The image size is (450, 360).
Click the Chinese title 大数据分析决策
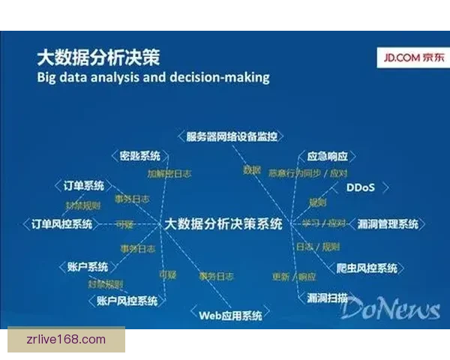(x=98, y=58)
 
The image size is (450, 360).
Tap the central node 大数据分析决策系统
(x=223, y=223)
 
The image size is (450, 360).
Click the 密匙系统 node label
(x=139, y=156)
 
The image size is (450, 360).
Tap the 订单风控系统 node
(x=62, y=223)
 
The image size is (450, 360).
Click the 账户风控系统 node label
(x=127, y=301)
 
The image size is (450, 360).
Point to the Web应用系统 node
(x=230, y=316)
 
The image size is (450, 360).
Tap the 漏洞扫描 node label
(x=327, y=298)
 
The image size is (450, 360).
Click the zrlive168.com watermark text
(x=66, y=339)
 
